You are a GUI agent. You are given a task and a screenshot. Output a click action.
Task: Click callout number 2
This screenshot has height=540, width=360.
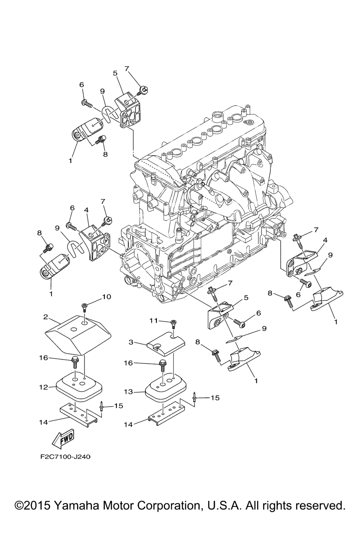[46, 317]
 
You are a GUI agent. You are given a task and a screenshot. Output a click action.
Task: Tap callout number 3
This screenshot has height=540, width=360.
[131, 341]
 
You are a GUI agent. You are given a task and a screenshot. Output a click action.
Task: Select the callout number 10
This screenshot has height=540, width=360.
[107, 297]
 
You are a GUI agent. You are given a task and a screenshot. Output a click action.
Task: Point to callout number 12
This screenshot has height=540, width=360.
[44, 387]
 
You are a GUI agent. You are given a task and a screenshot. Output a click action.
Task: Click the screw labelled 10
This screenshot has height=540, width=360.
[84, 307]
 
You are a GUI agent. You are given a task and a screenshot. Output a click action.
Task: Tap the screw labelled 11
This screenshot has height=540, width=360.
[174, 323]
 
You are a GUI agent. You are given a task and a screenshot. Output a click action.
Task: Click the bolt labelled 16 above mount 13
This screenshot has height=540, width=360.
[162, 365]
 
